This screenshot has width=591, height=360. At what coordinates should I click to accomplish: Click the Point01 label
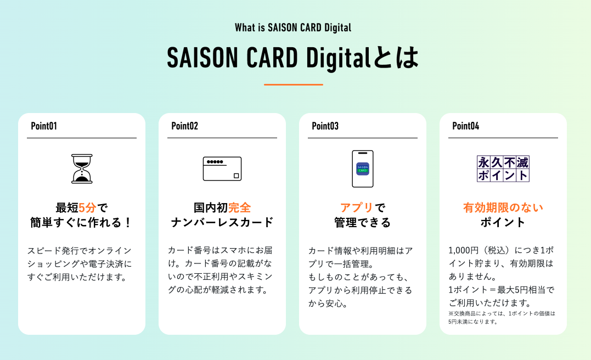44,126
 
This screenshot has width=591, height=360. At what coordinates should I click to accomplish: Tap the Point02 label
185,126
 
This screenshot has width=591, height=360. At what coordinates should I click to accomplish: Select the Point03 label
325,126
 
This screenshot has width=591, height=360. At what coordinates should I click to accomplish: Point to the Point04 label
465,126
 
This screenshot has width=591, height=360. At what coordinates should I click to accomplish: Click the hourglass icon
82,169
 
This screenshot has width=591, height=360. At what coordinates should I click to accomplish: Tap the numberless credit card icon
222,169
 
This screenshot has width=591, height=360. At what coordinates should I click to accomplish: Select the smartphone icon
363,169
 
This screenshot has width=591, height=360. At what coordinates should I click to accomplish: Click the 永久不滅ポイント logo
503,169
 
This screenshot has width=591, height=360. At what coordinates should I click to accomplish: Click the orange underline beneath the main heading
293,85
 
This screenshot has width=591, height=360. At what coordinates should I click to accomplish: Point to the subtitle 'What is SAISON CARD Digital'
293,27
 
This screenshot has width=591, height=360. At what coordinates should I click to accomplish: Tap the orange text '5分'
87,207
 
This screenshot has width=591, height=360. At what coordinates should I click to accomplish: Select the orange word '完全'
239,207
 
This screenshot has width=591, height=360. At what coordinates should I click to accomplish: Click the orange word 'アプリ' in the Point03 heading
357,207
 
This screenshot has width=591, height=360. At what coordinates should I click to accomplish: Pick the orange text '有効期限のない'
503,207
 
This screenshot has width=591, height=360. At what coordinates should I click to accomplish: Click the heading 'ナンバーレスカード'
222,222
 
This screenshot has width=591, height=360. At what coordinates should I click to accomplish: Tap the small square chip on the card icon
237,176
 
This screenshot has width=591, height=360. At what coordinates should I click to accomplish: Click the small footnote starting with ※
502,317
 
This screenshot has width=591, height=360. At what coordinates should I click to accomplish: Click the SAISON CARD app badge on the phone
363,168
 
